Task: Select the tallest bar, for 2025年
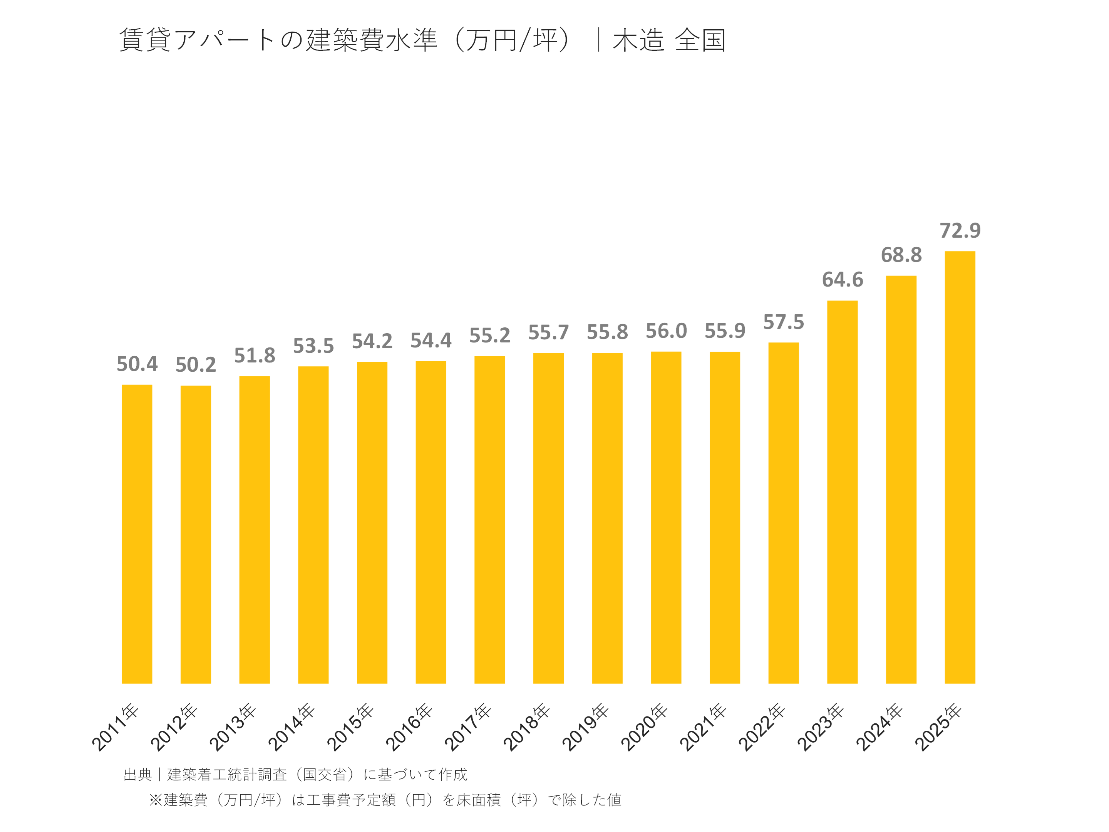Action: coord(960,467)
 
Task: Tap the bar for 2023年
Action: coord(842,491)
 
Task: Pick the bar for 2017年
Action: coord(489,519)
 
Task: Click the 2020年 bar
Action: coord(666,517)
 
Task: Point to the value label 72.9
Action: coord(960,231)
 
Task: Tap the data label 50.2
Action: coord(196,365)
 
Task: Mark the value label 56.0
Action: coord(666,331)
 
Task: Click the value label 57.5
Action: coord(783,322)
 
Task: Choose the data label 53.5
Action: coord(313,346)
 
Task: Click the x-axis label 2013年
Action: coord(233,727)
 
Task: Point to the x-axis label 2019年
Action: coord(585,727)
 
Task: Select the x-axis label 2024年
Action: coord(879,727)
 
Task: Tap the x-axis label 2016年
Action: coord(409,727)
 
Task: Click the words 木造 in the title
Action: coord(638,40)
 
